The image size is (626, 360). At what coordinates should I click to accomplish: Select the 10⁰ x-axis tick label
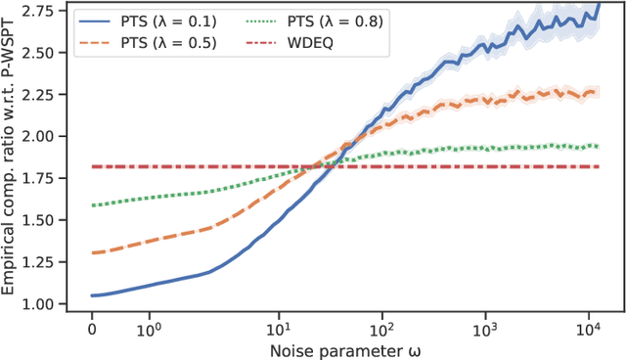click(x=149, y=324)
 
